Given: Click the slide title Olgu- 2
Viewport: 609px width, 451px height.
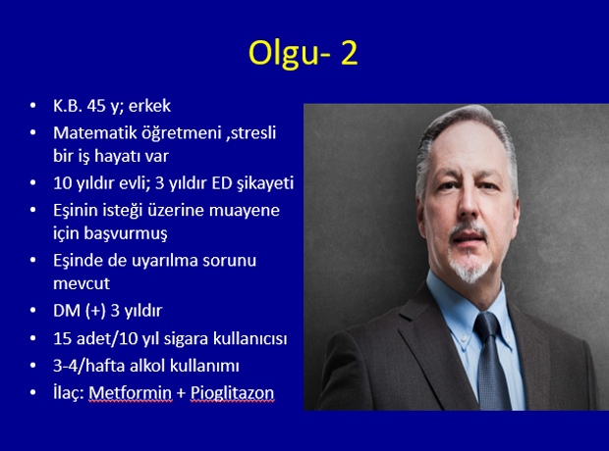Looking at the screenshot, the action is click(303, 54).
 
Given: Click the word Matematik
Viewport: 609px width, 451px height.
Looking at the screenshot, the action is click(94, 132).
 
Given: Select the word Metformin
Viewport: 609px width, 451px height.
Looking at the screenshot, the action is click(130, 393).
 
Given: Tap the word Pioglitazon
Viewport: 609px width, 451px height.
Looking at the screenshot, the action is click(232, 393).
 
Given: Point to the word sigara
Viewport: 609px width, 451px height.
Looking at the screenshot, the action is click(186, 339).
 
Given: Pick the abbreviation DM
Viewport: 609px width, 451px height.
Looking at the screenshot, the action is click(67, 311).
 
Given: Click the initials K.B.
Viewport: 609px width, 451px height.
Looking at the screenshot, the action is click(68, 106).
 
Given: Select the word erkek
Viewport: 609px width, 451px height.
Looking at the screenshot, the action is click(149, 106).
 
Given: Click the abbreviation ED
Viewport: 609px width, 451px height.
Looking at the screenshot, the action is click(222, 183).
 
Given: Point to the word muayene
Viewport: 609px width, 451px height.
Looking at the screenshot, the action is click(245, 211).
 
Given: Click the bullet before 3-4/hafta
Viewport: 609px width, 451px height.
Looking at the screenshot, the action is click(33, 366).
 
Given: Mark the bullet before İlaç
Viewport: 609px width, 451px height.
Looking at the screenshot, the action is click(33, 392).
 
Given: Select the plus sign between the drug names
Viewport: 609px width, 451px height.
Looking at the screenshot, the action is click(181, 393).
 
